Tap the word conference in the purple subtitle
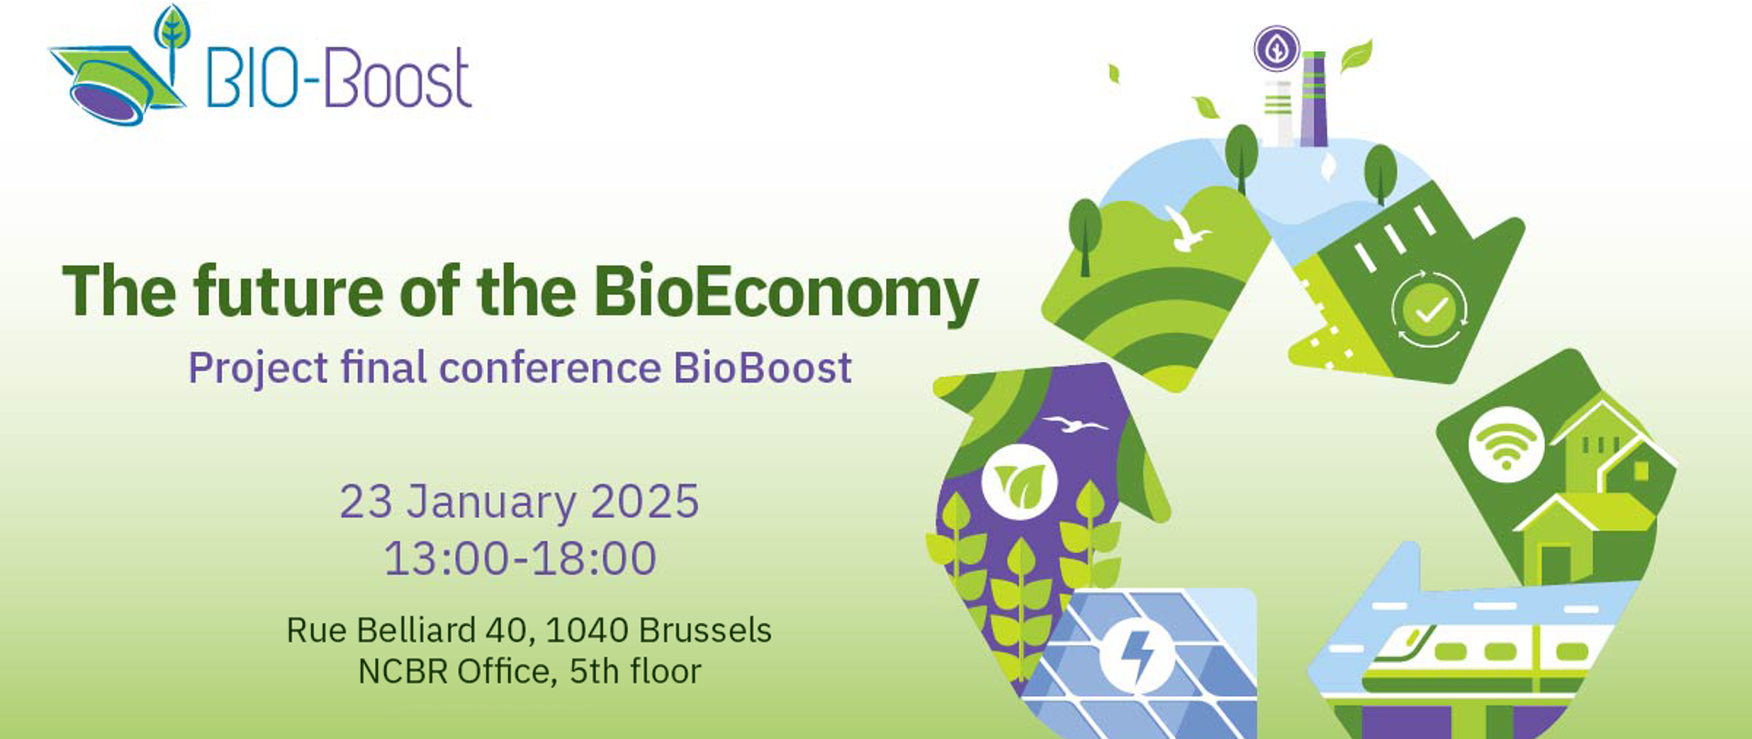tap(549, 368)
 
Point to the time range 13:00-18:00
tap(520, 558)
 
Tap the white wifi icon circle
tap(1506, 444)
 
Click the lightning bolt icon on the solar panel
tap(1137, 655)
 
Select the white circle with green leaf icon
tap(1019, 482)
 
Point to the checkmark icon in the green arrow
tap(1428, 309)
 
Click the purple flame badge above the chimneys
tap(1277, 49)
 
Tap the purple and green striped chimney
tap(1314, 99)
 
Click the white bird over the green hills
tap(1185, 228)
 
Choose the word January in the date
tap(493, 503)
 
